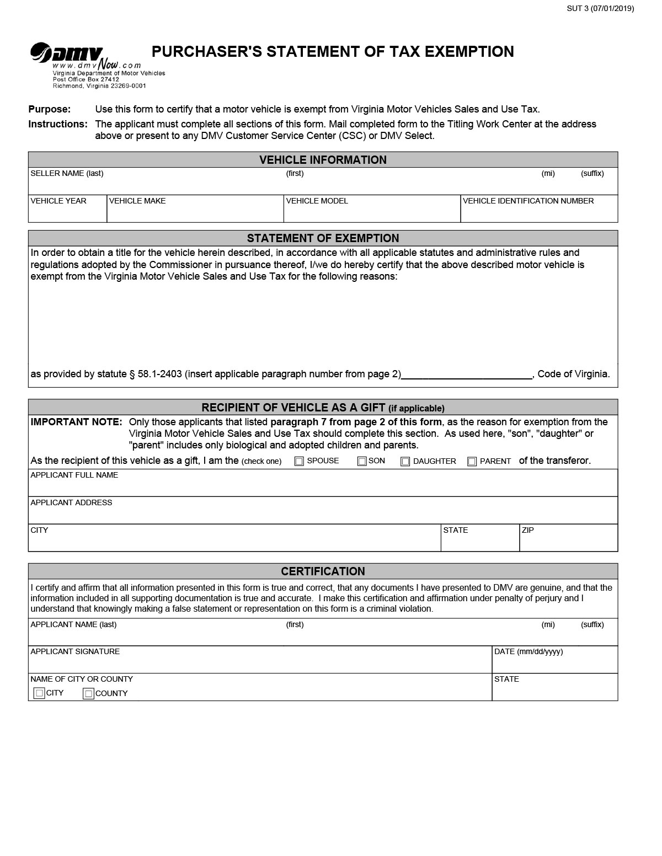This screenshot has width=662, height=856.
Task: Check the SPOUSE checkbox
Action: pos(299,462)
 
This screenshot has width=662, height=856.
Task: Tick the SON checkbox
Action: pos(362,462)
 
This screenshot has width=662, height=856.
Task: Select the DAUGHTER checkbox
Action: pos(405,462)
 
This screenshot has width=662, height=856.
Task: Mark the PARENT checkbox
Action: pos(472,462)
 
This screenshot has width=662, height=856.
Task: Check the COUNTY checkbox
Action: pos(88,694)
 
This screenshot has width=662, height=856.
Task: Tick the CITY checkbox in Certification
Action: pos(39,693)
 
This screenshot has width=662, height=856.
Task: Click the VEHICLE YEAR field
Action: pos(67,212)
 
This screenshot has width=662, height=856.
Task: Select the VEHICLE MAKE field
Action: pos(195,212)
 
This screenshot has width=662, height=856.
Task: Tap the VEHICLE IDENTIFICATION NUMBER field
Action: pos(538,212)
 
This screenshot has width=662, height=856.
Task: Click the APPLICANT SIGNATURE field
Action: pos(259,664)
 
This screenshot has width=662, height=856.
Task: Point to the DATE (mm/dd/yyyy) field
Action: pos(554,664)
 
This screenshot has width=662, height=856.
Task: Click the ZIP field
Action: pos(568,542)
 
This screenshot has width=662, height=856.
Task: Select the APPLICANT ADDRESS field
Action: pos(323,514)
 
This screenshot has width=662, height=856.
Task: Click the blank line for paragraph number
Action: pos(466,374)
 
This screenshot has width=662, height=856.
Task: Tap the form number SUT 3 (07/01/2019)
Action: pos(600,8)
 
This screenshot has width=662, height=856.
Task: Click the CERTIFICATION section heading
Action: pos(323,571)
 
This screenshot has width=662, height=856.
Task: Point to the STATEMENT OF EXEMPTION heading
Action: pos(323,238)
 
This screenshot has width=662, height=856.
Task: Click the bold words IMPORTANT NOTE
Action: pos(76,422)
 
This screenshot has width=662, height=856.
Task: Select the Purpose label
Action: pos(50,109)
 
